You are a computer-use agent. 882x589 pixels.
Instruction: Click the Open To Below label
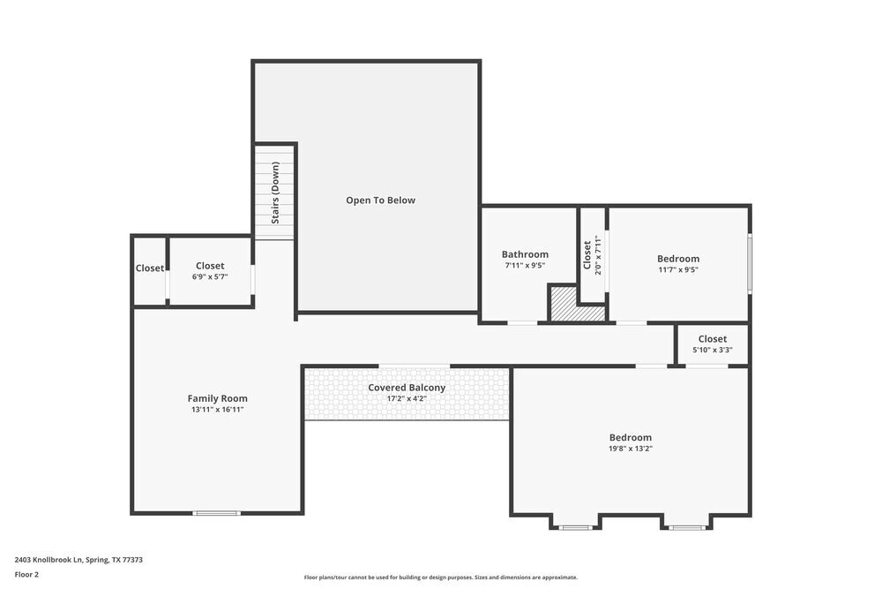(380, 200)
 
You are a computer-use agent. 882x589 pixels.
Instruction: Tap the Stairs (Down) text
(275, 193)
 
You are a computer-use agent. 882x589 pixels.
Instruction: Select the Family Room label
(217, 398)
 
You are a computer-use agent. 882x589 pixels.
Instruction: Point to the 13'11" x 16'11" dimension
(217, 410)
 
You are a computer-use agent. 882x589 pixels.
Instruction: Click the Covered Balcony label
(407, 388)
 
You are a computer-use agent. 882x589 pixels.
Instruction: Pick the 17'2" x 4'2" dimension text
(407, 398)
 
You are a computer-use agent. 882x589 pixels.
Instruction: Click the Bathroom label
(525, 254)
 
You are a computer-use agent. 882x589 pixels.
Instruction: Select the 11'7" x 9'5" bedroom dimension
(677, 270)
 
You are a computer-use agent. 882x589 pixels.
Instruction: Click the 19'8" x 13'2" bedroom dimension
(630, 449)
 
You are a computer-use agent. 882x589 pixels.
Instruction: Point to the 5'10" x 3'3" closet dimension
(712, 350)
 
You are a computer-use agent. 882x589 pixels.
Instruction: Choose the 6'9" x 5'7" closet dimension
(210, 276)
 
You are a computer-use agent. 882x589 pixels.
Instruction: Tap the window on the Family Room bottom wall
(217, 513)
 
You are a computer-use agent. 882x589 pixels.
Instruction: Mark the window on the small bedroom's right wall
(750, 263)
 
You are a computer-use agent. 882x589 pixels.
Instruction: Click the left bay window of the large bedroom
(576, 528)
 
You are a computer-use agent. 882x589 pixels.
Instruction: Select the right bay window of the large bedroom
(686, 528)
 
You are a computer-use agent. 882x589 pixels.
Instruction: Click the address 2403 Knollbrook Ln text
(78, 560)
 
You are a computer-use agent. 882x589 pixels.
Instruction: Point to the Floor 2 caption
(26, 574)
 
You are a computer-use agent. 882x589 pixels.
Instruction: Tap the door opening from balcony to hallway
(414, 366)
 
